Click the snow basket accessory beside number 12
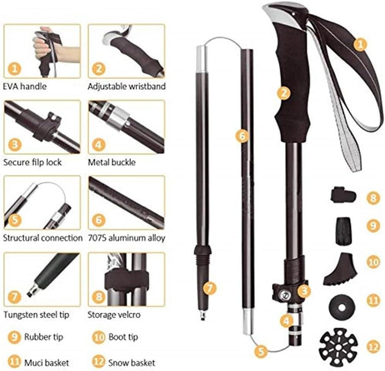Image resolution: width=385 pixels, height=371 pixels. coord(338,347)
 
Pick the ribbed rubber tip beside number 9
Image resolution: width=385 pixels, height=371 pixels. coord(343,231)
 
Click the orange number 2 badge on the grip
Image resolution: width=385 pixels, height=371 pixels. coord(284,93)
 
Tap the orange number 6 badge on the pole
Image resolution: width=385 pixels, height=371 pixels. coord(242,135)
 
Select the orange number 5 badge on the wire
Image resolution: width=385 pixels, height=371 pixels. coord(261,351)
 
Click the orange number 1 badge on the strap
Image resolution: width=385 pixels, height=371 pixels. coord(360,44)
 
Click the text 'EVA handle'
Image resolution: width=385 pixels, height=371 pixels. coord(25,87)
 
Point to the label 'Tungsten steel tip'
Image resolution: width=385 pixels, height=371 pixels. coord(36,314)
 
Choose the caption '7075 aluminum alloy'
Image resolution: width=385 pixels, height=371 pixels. coord(127,238)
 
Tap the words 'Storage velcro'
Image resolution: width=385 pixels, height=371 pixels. coord(114,314)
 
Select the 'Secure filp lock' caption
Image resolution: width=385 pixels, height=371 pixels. coord(33,163)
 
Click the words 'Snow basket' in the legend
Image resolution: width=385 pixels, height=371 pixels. coord(132,362)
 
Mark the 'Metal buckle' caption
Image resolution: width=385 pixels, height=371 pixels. coord(112,163)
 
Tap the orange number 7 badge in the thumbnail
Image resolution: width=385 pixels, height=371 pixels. coord(15,297)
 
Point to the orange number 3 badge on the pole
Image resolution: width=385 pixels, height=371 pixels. coord(304,291)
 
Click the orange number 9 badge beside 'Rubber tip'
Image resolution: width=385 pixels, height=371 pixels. coord(14,337)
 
